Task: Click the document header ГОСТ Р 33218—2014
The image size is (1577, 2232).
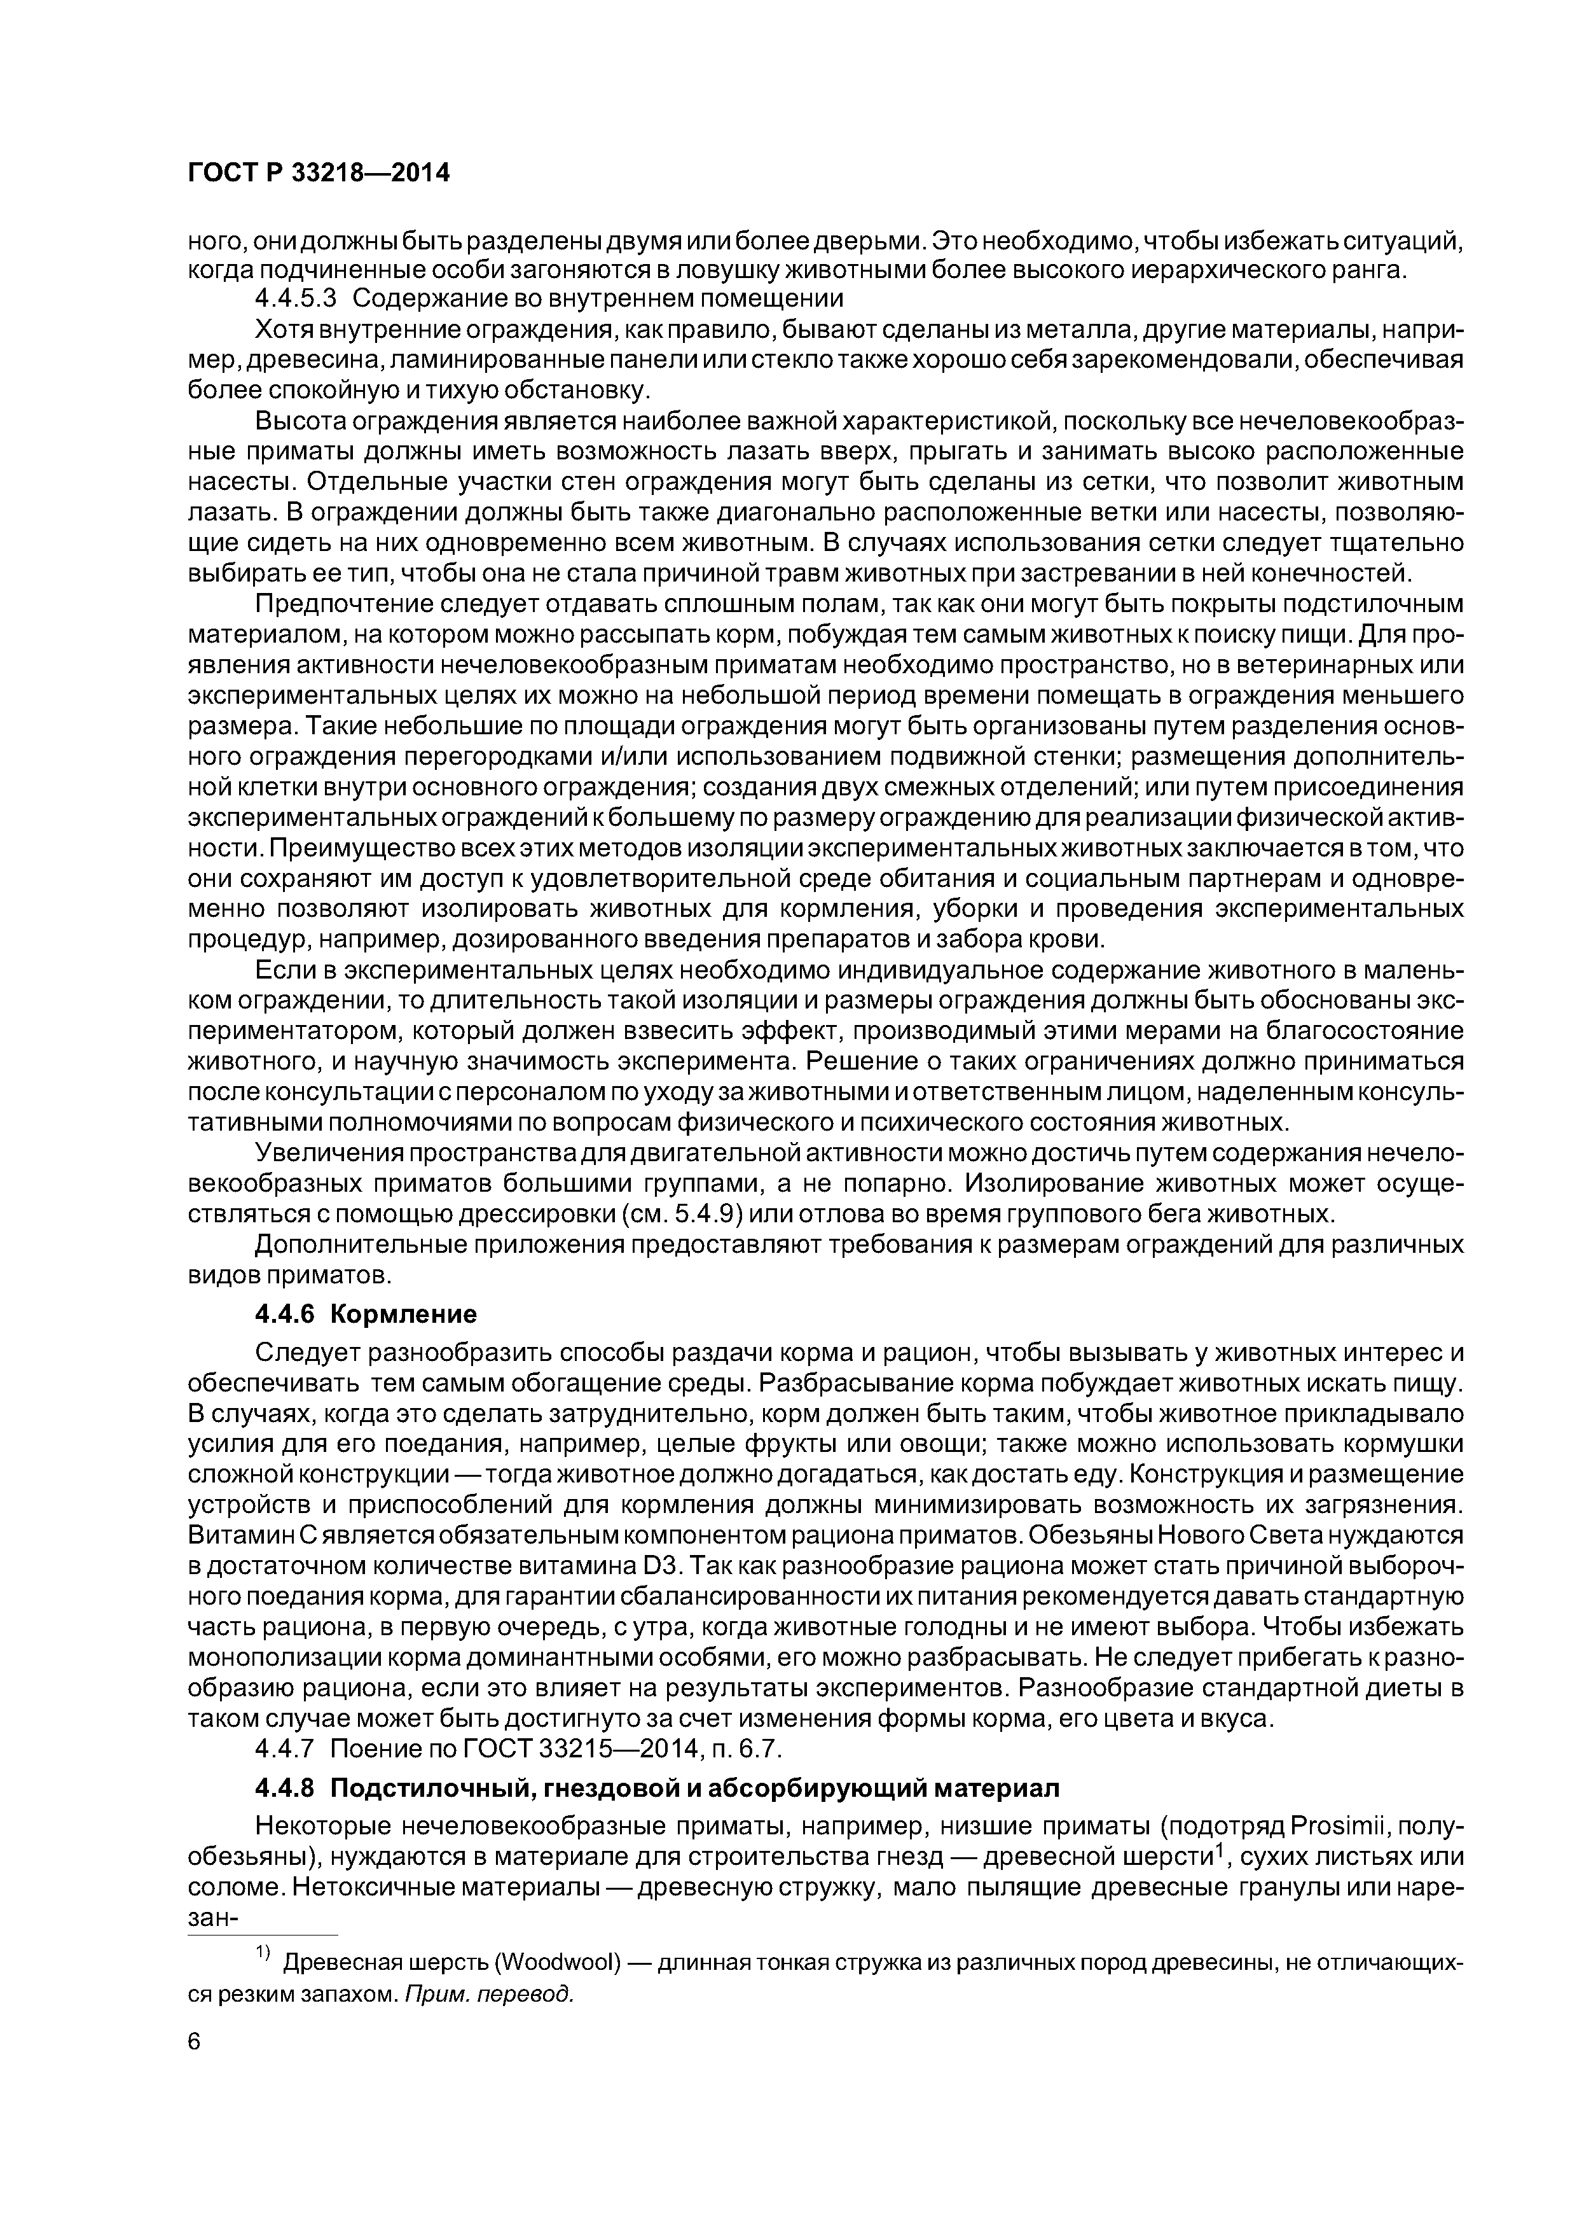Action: (319, 173)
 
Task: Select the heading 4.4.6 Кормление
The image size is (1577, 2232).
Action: (366, 1315)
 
